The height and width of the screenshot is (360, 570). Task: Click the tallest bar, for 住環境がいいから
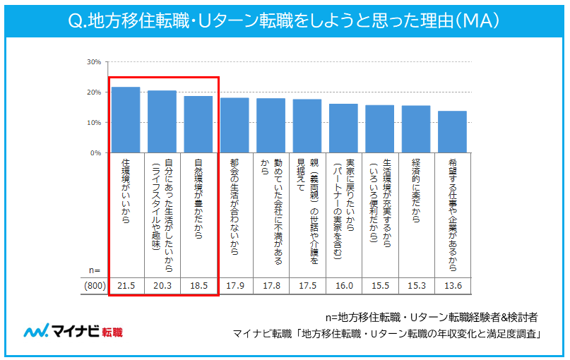click(x=126, y=120)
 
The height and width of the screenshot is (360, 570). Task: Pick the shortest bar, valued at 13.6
click(x=452, y=132)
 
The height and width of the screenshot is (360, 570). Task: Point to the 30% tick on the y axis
click(x=94, y=62)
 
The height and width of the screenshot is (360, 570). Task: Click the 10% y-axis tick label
click(x=94, y=123)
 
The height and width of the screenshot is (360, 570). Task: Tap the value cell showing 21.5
click(x=126, y=286)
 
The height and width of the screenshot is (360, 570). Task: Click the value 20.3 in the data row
click(x=162, y=286)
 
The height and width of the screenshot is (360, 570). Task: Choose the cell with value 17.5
click(x=307, y=286)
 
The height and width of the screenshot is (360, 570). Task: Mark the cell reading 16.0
click(x=343, y=286)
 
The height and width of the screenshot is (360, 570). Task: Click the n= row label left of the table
click(x=95, y=270)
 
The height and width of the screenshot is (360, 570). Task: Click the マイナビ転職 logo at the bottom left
click(x=73, y=332)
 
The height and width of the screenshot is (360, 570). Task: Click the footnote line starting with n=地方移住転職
click(x=433, y=317)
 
